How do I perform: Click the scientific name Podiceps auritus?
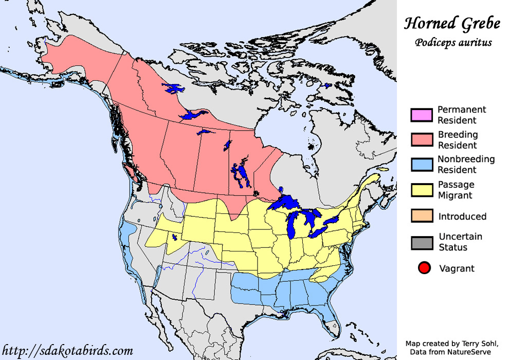[453, 42]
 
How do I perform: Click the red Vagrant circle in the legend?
[424, 268]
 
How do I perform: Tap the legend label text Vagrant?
[457, 268]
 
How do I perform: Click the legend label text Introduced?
[462, 217]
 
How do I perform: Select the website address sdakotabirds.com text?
[67, 351]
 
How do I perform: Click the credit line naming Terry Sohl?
[451, 344]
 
